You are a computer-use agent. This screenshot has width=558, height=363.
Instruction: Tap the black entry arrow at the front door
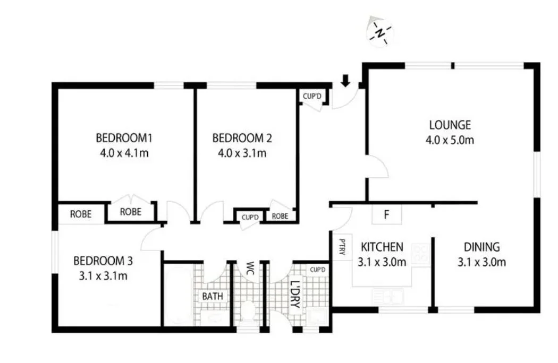click(x=345, y=81)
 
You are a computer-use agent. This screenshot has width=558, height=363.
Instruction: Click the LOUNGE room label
click(x=450, y=125)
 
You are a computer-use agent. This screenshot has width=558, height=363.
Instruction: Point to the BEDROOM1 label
click(x=124, y=139)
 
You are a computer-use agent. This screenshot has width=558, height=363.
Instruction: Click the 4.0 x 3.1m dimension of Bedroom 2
click(x=242, y=154)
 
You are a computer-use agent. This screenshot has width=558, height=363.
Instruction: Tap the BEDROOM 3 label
click(x=103, y=261)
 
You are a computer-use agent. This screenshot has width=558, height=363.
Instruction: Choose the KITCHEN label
click(x=382, y=247)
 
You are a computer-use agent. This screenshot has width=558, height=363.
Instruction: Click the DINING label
click(x=481, y=247)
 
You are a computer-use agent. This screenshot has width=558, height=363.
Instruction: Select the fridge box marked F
click(x=387, y=215)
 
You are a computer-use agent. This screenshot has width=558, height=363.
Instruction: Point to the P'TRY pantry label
click(x=342, y=247)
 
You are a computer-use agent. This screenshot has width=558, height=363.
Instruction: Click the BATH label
click(x=213, y=296)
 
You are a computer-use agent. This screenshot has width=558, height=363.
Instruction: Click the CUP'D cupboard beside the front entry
click(x=312, y=96)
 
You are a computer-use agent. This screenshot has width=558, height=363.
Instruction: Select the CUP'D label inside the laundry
click(x=318, y=270)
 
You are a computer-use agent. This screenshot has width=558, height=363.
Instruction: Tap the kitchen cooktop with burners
click(x=421, y=254)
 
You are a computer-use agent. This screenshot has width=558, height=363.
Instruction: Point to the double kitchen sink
click(x=389, y=295)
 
